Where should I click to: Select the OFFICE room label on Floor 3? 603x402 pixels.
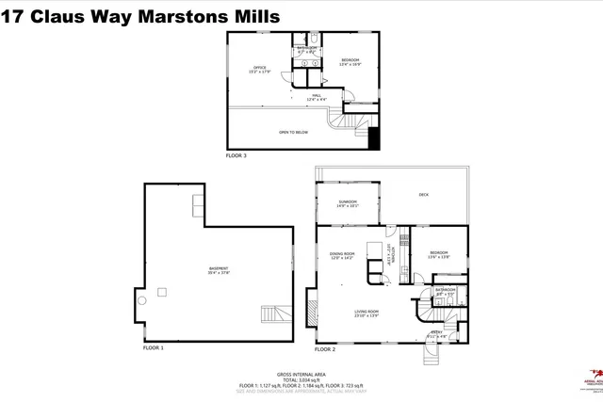pyautogui.click(x=259, y=69)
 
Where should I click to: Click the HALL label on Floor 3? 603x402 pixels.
pyautogui.click(x=318, y=97)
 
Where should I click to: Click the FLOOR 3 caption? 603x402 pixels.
pyautogui.click(x=236, y=154)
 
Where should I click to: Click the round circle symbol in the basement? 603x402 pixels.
pyautogui.click(x=142, y=300)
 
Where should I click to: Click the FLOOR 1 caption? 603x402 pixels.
pyautogui.click(x=154, y=347)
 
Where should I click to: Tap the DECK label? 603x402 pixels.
pyautogui.click(x=425, y=195)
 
